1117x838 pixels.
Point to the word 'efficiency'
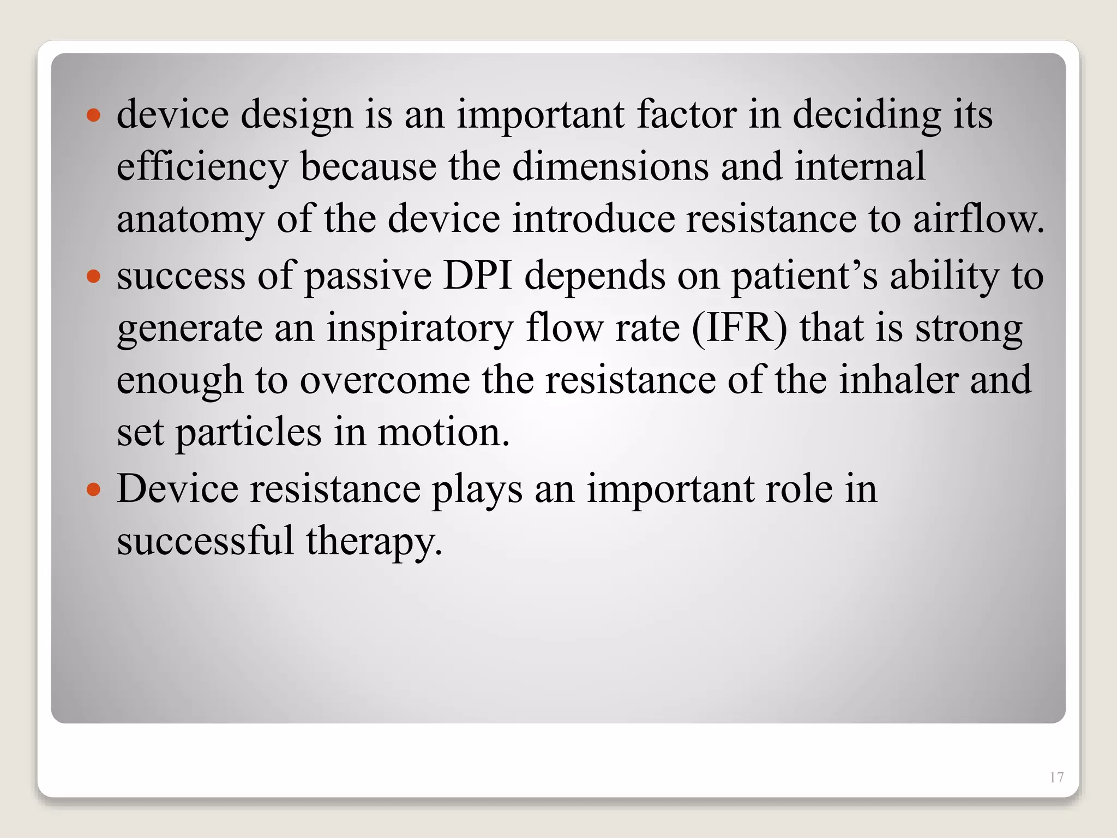click(x=202, y=167)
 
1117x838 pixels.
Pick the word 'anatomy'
click(x=190, y=219)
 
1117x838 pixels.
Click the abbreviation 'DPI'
click(x=478, y=275)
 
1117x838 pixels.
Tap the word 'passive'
click(x=368, y=276)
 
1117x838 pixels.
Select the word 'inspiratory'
click(x=420, y=328)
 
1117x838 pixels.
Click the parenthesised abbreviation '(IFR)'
click(x=740, y=328)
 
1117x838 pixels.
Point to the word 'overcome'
click(x=385, y=380)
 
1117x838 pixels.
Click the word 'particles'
click(x=249, y=432)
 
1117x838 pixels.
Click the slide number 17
click(x=1056, y=777)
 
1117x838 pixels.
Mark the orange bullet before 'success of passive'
click(x=94, y=276)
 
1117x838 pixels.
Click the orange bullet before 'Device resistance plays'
click(x=94, y=489)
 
